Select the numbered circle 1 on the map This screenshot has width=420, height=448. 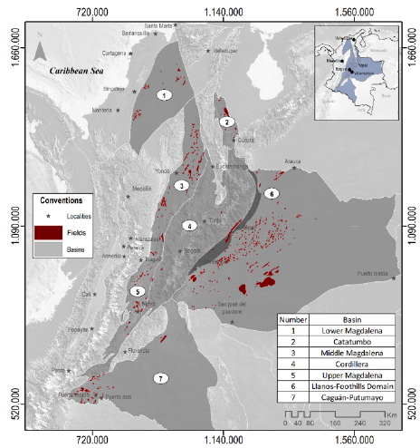(x=164, y=94)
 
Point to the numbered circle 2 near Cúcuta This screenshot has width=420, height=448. (x=229, y=121)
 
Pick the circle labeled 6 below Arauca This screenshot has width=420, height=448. (x=271, y=193)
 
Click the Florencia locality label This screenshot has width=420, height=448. (x=164, y=349)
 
